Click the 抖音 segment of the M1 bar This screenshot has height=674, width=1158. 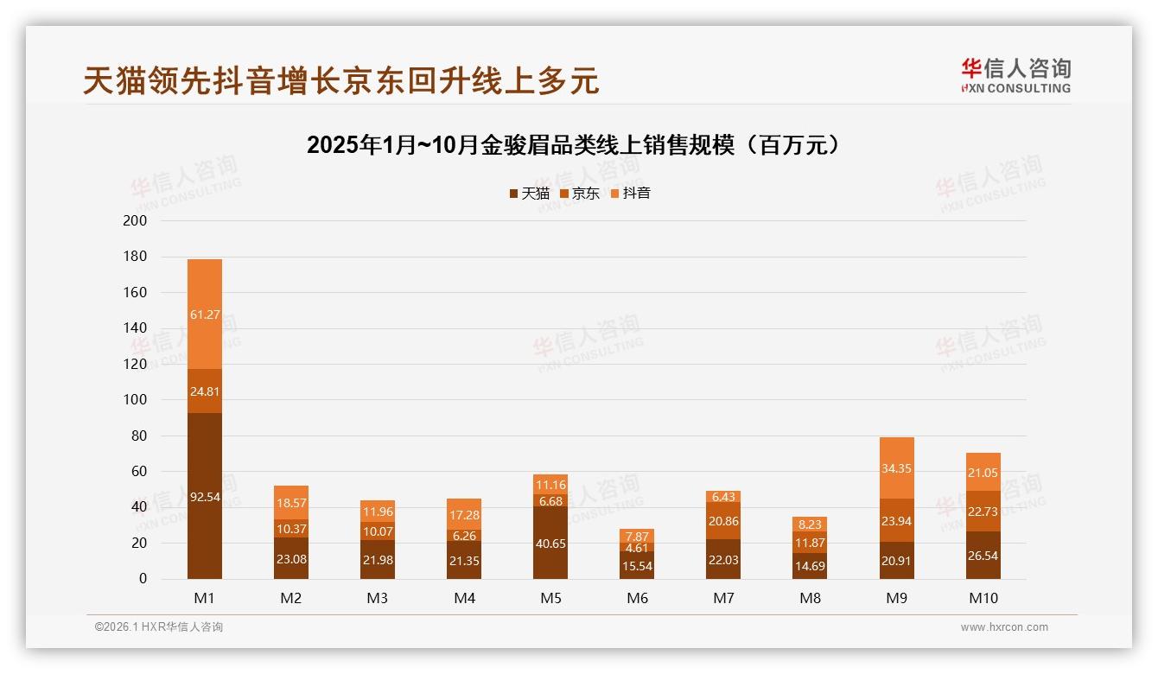point(205,315)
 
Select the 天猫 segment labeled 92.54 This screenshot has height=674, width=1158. point(205,496)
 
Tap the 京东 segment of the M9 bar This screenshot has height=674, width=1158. point(897,520)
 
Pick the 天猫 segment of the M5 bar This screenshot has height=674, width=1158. point(550,543)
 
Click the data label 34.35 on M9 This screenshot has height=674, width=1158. point(897,468)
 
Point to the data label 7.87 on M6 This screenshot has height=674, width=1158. point(637,537)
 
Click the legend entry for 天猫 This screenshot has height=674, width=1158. point(530,194)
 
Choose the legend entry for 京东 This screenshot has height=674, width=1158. point(580,194)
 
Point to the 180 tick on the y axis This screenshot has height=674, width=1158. point(136,257)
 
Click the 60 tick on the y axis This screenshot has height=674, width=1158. point(139,472)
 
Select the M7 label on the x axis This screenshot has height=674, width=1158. point(723,598)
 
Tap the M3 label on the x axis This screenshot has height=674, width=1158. point(378,598)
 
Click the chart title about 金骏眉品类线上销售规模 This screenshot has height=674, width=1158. point(574,145)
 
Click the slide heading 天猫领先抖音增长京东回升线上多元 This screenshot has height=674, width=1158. point(340,81)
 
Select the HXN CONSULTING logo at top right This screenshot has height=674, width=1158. point(1015,76)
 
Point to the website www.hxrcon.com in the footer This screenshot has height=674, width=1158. point(1004,627)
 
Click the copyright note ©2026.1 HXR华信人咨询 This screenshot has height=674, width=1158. point(159,627)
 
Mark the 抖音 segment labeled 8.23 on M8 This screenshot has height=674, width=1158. point(810,525)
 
